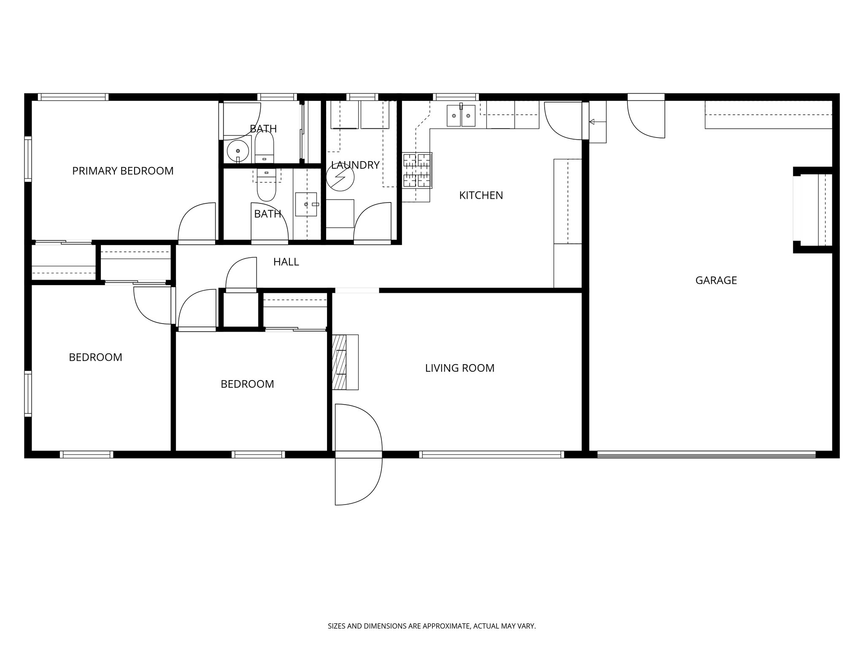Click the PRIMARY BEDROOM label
[123, 171]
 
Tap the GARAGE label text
[716, 280]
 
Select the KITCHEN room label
[481, 195]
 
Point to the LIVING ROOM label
[459, 368]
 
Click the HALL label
[286, 262]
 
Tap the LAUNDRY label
[355, 165]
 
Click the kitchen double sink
[461, 116]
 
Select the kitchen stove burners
[417, 170]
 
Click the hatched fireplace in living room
[339, 362]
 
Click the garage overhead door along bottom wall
[707, 455]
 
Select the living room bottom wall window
[491, 455]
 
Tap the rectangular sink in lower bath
[306, 204]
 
